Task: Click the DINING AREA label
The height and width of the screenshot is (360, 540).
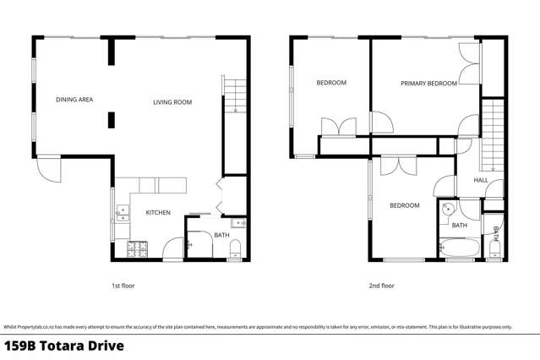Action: point(74,100)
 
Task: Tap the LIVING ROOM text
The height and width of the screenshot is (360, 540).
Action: point(172,102)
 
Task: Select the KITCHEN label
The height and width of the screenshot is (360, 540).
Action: point(158,213)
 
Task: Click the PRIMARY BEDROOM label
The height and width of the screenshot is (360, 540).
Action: point(428,84)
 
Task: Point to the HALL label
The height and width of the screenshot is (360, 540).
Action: point(481,180)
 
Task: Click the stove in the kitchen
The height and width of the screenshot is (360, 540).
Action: point(137,249)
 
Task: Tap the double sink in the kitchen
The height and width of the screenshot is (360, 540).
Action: point(122,213)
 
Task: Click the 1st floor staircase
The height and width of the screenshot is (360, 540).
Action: point(234,96)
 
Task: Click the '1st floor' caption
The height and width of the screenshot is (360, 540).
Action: point(123,286)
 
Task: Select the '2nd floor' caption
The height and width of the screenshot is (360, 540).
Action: point(381,286)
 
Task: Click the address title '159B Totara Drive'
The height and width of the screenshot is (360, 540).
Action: point(64,346)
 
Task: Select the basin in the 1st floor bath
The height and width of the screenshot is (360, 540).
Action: point(238,223)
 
